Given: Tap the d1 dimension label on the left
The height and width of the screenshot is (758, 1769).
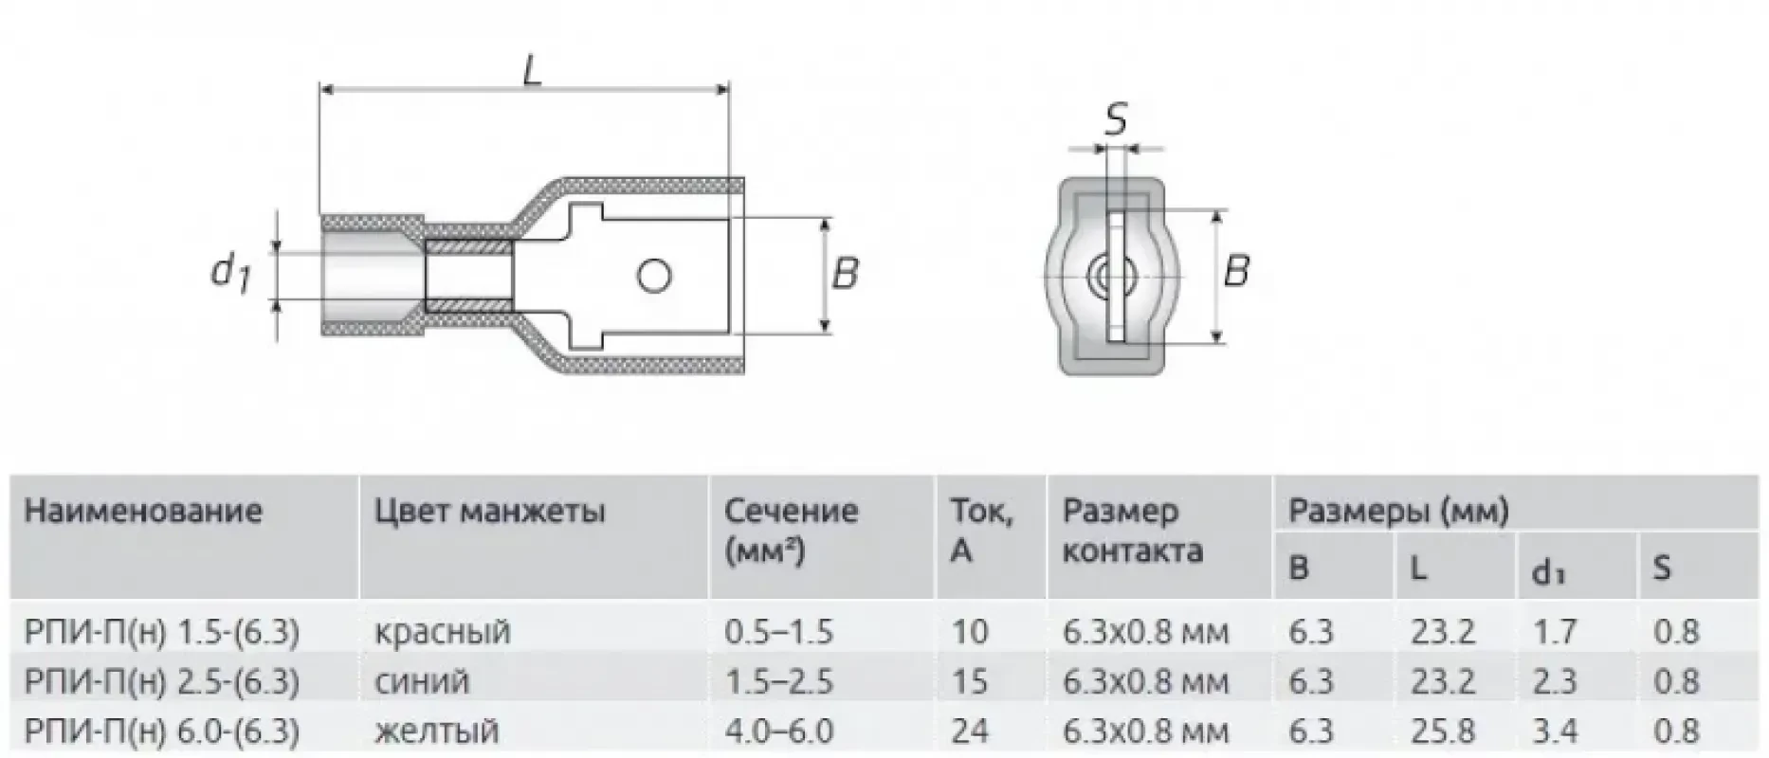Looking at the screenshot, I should (x=228, y=274).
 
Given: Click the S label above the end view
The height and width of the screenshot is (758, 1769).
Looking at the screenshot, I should (x=1116, y=119).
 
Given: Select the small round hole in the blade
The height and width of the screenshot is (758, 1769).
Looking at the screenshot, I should (x=654, y=277).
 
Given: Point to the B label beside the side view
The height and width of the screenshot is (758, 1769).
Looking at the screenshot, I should (x=844, y=274).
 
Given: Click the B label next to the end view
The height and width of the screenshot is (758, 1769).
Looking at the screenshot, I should (x=1235, y=272).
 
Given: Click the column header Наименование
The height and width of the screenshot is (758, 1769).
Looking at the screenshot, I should (x=143, y=512).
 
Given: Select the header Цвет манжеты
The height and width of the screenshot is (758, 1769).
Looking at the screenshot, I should (x=489, y=512).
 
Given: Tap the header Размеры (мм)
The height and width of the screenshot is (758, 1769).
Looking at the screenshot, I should (x=1397, y=512).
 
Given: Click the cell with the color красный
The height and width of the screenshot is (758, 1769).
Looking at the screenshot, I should (x=442, y=632).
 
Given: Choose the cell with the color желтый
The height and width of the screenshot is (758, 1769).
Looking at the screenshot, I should (x=436, y=731).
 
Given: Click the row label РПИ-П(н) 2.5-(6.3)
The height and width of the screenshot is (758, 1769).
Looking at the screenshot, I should (x=162, y=681).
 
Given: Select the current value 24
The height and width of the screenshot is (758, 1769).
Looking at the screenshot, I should (x=969, y=731).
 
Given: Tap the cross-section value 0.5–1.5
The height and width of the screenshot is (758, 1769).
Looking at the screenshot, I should (x=778, y=632).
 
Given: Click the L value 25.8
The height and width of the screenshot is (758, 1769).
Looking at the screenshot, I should (x=1442, y=731).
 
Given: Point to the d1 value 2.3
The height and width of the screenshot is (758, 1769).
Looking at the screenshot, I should (x=1555, y=681).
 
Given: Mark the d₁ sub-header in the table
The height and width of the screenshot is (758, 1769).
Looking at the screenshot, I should (x=1548, y=571).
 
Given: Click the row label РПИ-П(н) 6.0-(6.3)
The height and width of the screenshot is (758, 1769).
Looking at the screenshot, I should (x=162, y=731).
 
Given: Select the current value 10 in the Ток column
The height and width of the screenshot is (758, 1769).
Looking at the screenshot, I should (x=969, y=632).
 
